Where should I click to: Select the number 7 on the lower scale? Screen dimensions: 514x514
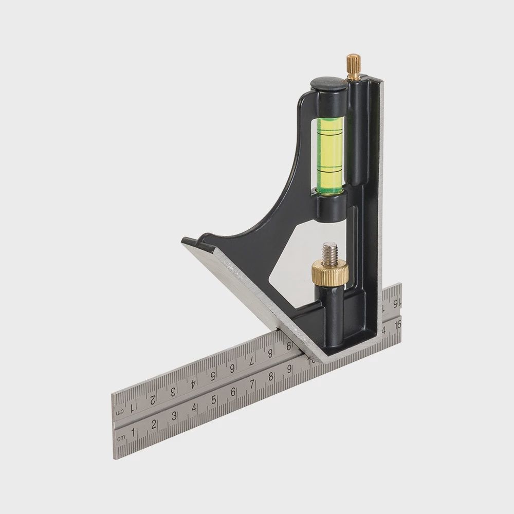coord(252,385)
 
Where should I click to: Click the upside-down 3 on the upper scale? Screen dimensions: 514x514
coord(173,391)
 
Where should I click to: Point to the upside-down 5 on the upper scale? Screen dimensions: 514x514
coord(213,375)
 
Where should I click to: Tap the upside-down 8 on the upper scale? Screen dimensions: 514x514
coord(270,352)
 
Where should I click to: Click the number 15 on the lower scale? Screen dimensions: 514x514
coord(397,324)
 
